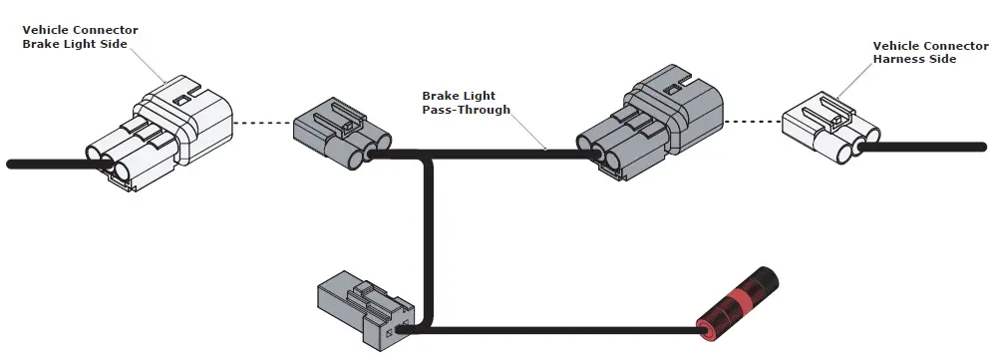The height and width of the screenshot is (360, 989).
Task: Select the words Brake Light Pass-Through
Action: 465,103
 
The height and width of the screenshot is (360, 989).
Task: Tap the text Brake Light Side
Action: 80,45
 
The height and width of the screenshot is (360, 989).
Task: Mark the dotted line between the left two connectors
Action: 261,123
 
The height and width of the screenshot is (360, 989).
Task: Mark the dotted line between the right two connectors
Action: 753,122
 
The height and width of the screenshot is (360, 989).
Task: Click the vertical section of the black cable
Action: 430,239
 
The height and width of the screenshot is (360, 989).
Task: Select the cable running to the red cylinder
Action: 558,329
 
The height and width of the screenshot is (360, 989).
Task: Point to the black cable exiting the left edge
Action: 40,164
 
